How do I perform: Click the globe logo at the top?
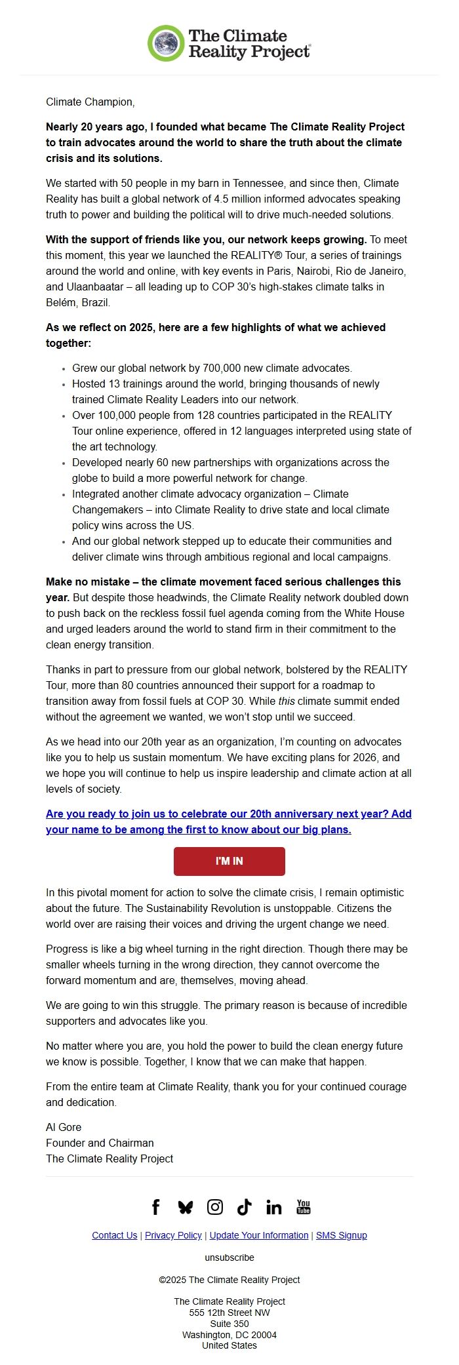[x=166, y=43]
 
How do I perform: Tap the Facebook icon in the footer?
[x=155, y=1207]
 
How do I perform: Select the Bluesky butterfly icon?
[x=186, y=1207]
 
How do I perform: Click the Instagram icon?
[x=215, y=1207]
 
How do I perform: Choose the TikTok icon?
[x=245, y=1207]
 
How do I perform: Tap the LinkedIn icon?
[x=274, y=1207]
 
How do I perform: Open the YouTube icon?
[x=304, y=1207]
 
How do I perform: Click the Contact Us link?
[x=114, y=1235]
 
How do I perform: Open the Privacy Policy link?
[x=173, y=1235]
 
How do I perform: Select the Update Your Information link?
[x=258, y=1235]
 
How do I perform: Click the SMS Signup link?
[x=341, y=1235]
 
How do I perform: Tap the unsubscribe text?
[x=229, y=1257]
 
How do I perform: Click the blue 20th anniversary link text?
[x=228, y=821]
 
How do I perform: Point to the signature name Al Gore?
[x=64, y=1127]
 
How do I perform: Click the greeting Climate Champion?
[x=90, y=102]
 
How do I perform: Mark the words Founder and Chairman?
[x=100, y=1143]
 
